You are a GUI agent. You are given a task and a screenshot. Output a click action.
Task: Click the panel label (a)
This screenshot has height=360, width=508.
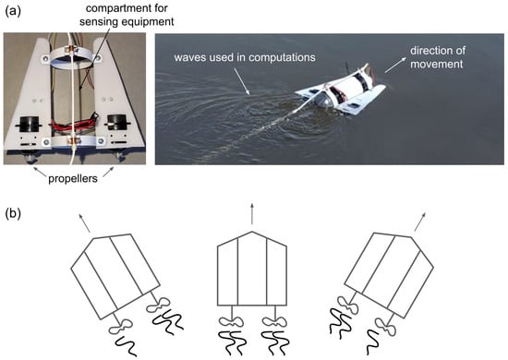tap(13, 11)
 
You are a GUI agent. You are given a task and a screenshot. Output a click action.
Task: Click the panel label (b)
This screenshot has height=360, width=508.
tap(13, 214)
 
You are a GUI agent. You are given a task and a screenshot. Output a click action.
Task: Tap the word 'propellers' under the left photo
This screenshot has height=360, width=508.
tap(73, 179)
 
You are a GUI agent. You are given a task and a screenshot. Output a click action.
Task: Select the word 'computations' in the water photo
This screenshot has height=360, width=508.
tap(281, 57)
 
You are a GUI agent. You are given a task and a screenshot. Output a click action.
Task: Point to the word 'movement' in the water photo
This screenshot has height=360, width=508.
tap(436, 64)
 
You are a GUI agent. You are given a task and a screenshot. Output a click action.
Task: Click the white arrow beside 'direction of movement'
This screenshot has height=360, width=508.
tap(395, 65)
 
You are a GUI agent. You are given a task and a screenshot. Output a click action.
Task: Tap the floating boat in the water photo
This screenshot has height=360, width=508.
tap(341, 90)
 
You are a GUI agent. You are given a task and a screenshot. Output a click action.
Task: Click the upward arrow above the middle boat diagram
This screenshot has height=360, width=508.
tap(252, 213)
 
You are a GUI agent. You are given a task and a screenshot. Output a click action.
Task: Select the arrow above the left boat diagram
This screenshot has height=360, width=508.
tap(84, 222)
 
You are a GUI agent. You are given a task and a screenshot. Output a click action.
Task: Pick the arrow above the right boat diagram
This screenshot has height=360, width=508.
tap(420, 222)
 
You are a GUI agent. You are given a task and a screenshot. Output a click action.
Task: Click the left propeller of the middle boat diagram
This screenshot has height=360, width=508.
tap(232, 321)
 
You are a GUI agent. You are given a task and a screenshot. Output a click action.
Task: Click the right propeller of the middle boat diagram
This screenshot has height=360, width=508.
tap(274, 321)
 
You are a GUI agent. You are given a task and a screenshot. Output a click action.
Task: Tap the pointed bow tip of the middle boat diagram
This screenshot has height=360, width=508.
tap(252, 232)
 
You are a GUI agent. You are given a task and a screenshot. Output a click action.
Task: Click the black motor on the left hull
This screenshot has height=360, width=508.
tap(29, 123)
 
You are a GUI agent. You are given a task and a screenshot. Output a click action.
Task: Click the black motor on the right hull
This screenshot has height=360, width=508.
tap(117, 122)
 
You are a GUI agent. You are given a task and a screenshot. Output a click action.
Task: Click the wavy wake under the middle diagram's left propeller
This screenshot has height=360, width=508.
tap(230, 342)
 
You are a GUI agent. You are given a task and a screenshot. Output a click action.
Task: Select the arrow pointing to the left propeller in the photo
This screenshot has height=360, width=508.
tap(39, 171)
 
